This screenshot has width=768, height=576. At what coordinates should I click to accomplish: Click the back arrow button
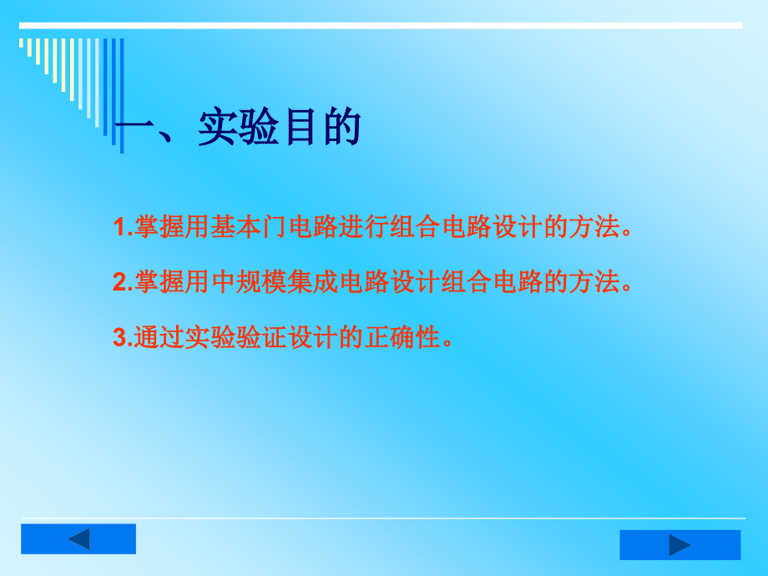(x=78, y=539)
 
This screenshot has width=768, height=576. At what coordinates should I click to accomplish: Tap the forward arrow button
(x=680, y=545)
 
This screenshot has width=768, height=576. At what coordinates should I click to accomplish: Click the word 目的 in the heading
(x=320, y=129)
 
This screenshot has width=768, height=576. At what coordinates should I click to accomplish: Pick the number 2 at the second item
(x=119, y=283)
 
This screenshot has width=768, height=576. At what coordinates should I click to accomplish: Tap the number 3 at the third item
(x=119, y=337)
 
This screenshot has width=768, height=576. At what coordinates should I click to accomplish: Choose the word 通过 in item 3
(x=157, y=337)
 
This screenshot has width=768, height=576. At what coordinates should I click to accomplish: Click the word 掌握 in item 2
(x=157, y=283)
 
